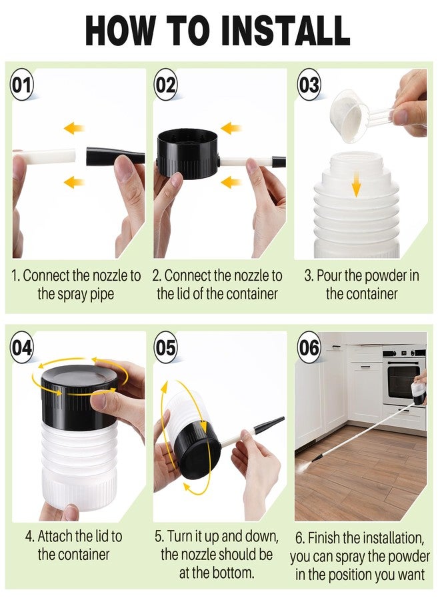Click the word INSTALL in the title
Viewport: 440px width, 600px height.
coord(285,31)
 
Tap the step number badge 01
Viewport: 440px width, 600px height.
coord(21,85)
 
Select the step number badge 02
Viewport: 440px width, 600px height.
coord(165,85)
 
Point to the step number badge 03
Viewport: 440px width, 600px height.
coord(309,85)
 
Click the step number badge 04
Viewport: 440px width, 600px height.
coord(21,347)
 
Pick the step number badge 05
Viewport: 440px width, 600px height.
coord(165,347)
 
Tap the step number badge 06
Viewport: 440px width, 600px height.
coord(309,347)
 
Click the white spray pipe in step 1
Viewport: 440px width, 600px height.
coord(46,156)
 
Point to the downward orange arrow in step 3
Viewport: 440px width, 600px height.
coord(356,184)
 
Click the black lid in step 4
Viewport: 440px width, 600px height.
coord(79,396)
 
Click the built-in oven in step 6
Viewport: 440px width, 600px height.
coord(403,377)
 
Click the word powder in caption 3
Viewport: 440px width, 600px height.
coord(383,276)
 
